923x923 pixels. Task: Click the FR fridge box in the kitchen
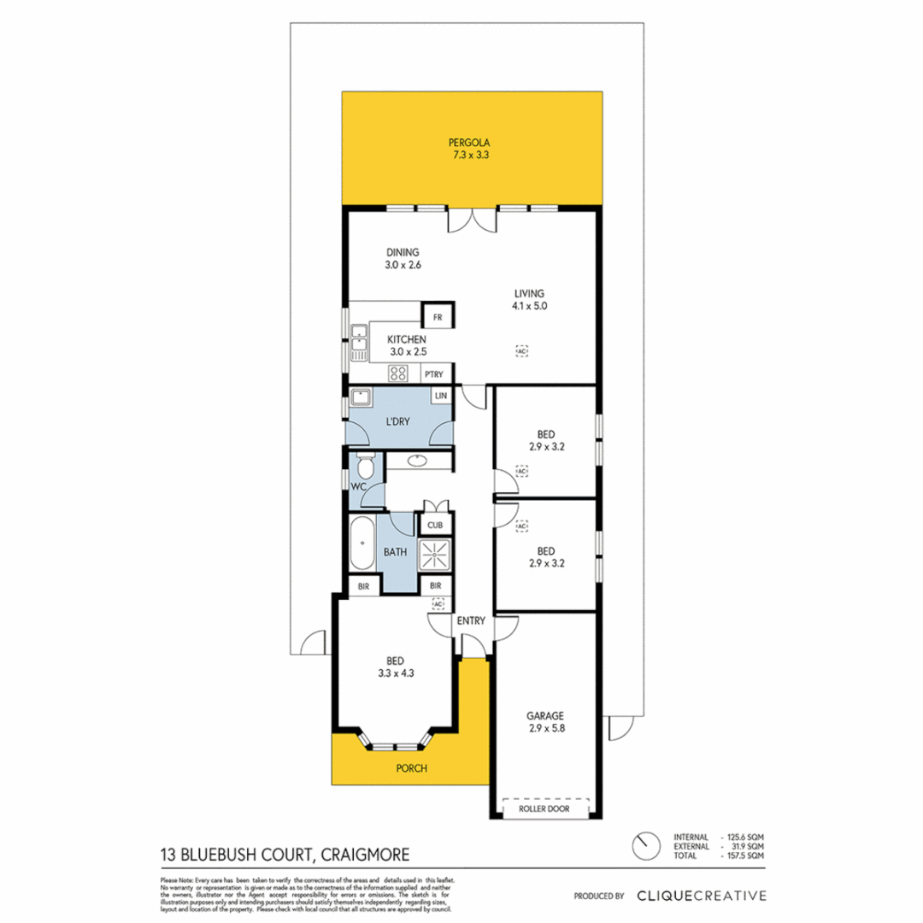(438, 318)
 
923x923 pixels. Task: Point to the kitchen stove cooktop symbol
(398, 373)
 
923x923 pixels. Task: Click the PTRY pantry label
(433, 373)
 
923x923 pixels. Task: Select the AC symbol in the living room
(521, 350)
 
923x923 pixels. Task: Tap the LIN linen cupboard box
(441, 397)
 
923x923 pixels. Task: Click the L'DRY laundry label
(397, 421)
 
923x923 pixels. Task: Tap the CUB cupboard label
(435, 525)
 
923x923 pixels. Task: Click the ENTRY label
(471, 620)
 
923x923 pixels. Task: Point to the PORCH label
(411, 768)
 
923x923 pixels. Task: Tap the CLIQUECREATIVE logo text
(701, 896)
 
